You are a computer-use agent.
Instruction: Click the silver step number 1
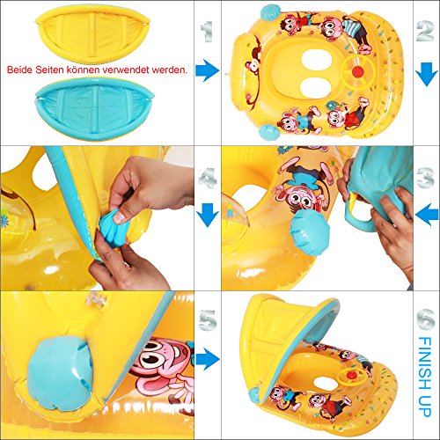pos(208,32)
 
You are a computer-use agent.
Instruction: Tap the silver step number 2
pos(425,31)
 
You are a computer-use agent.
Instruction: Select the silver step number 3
pos(425,178)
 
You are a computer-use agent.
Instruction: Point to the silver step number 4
pos(208,178)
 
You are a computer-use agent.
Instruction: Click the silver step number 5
pos(208,319)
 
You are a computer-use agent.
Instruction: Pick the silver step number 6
pos(425,319)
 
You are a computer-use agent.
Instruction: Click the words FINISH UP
pos(425,377)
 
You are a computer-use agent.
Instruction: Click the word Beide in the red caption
pos(19,70)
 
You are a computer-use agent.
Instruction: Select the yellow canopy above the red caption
pos(92,33)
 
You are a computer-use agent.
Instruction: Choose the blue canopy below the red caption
pos(94,108)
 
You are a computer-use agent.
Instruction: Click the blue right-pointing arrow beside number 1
pos(208,70)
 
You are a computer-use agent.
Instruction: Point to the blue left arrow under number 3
pos(427,215)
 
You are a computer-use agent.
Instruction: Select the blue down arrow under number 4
pos(208,215)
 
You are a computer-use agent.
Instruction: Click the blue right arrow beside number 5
pos(208,359)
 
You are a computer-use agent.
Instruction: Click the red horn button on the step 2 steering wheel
pos(357,72)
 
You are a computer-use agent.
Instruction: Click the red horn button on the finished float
pos(351,375)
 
